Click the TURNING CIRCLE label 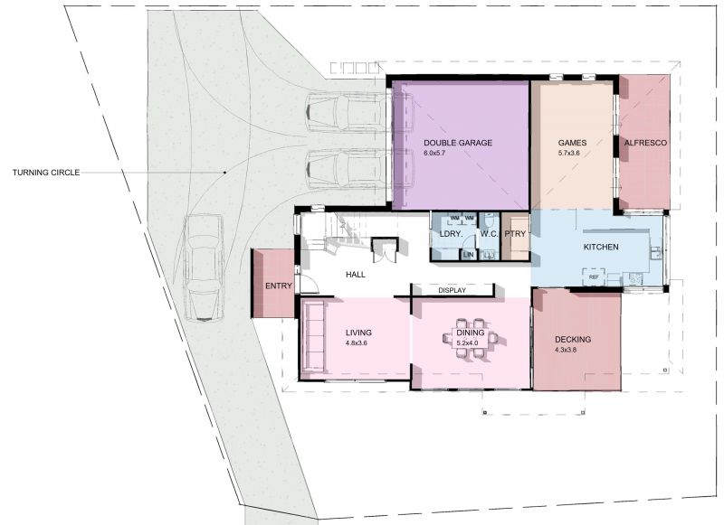coord(46,173)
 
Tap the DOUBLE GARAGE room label coord(458,143)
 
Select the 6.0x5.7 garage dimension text coord(434,153)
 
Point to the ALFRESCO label coord(645,143)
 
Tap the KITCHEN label coord(601,247)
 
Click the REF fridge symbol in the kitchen coord(594,277)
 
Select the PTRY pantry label coord(515,234)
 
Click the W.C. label coord(490,234)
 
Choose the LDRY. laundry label coord(451,234)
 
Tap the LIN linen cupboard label coord(468,255)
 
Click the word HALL coord(356,275)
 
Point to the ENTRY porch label coord(279,286)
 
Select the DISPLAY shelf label coord(452,290)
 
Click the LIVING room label coord(358,333)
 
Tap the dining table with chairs coord(471,338)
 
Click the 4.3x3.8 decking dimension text coord(566,350)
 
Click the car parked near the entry coord(203,267)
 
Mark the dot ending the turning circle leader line coord(224,173)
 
